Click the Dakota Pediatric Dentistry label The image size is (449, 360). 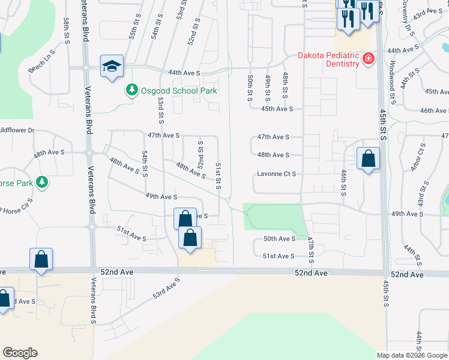328,57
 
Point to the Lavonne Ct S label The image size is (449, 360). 277,174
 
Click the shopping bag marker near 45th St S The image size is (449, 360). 368,159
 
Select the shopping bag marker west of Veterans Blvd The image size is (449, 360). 41,260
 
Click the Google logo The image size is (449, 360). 20,352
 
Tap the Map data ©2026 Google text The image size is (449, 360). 411,355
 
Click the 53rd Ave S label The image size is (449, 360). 166,289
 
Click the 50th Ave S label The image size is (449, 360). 279,239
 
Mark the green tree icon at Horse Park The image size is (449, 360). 41,181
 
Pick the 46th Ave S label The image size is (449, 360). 434,111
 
